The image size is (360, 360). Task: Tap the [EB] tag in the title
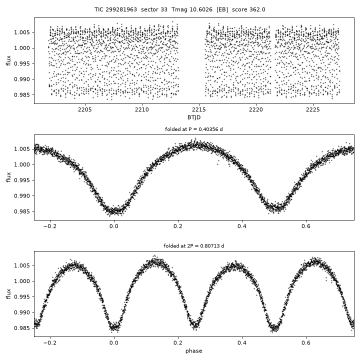(222, 9)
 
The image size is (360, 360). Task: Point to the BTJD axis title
(194, 117)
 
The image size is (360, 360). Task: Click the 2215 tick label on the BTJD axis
(199, 109)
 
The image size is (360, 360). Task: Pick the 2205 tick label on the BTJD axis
(84, 109)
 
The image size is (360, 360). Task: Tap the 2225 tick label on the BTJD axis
(312, 109)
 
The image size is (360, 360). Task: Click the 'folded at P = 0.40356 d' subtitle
(194, 129)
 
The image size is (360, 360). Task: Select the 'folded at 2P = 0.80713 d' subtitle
(194, 246)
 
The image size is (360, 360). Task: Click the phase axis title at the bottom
(194, 351)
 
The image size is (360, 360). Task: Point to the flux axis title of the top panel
(8, 60)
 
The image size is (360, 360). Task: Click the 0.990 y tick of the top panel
(22, 79)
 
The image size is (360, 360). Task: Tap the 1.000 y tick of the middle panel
(22, 164)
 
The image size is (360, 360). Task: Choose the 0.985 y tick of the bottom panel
(22, 328)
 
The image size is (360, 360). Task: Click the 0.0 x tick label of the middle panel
(114, 226)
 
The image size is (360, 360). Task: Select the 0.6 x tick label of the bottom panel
(306, 343)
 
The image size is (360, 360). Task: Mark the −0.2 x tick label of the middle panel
(50, 226)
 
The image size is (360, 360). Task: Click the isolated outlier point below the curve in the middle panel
(218, 164)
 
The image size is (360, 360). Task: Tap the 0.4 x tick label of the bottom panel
(242, 343)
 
